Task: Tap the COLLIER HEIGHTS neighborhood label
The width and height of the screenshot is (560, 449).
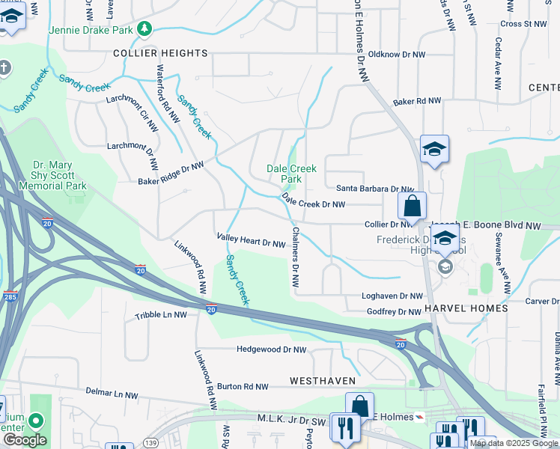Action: (160, 53)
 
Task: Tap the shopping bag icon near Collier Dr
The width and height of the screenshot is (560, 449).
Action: (412, 206)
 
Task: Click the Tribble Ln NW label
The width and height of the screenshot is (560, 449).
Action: (161, 315)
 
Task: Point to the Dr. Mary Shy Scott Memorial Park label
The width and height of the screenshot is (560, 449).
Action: (60, 175)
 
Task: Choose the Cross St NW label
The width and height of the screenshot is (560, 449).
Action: (524, 24)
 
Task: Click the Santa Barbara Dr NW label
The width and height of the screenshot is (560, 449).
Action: (374, 189)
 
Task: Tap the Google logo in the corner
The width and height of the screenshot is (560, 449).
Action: (25, 440)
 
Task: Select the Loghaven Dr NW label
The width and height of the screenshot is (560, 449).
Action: (392, 296)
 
